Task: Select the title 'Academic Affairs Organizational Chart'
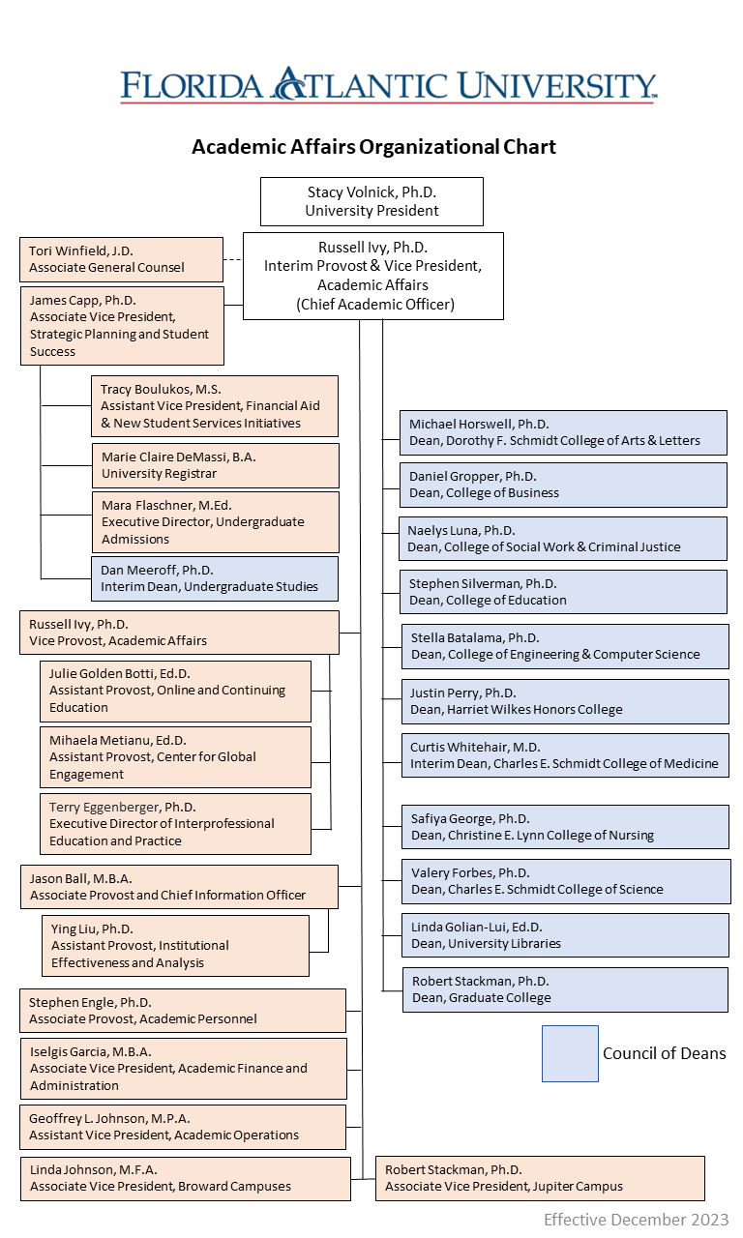(373, 147)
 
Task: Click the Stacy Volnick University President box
(371, 201)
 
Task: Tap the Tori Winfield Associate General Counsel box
(121, 259)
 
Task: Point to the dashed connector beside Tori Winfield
(232, 259)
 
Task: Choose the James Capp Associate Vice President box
(121, 326)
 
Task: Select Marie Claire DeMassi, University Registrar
(215, 465)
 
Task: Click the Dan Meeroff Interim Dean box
(215, 578)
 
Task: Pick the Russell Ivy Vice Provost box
(179, 632)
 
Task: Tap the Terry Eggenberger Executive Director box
(176, 824)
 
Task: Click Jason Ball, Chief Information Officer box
(179, 887)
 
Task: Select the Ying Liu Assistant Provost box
(176, 946)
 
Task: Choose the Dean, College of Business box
(564, 485)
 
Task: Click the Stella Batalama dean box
(566, 646)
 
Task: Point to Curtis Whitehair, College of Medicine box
(566, 755)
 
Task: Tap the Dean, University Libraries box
(566, 935)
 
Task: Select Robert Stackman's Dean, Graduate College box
(566, 989)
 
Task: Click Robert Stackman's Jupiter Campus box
(540, 1178)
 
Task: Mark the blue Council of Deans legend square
(570, 1053)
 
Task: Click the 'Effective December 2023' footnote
(636, 1220)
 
